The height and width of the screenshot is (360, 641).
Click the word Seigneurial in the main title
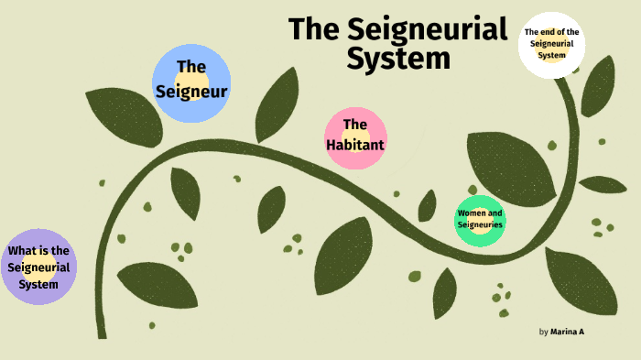[x=429, y=29]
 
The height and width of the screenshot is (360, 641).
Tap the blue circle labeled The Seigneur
[x=190, y=83]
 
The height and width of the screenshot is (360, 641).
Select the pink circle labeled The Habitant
[x=355, y=138]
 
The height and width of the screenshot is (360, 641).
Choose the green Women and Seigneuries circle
[x=480, y=221]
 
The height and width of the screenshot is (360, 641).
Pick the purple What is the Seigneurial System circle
[x=38, y=267]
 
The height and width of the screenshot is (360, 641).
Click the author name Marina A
[x=567, y=331]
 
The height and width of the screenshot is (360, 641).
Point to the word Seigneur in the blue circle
[x=191, y=91]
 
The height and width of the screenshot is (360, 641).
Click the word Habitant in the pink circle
[x=355, y=145]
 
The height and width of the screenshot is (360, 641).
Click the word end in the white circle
[x=545, y=33]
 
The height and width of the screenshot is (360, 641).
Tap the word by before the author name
[x=543, y=331]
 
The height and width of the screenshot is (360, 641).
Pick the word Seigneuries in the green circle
[x=480, y=225]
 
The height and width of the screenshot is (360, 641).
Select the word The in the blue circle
[x=190, y=67]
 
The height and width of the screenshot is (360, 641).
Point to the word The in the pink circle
[x=355, y=125]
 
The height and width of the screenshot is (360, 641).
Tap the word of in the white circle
[x=561, y=33]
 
